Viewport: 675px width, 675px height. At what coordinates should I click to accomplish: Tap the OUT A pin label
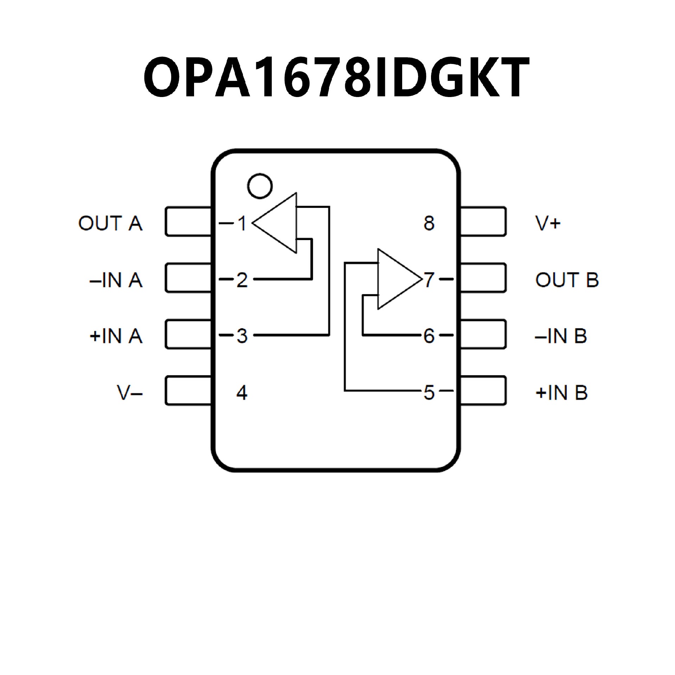pos(110,223)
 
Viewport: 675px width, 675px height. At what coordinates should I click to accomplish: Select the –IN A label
pos(116,280)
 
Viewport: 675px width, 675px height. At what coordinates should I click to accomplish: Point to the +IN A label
pos(116,336)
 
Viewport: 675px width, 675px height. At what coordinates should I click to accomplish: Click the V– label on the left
pos(130,393)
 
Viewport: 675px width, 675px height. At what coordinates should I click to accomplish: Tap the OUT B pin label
pos(567,280)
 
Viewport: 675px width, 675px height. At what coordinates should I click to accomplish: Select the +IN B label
pos(561,393)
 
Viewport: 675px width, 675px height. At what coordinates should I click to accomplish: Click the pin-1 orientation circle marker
pos(260,186)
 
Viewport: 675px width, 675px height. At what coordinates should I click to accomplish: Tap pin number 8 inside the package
pos(429,223)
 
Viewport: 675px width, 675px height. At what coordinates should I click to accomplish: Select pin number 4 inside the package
pos(242,393)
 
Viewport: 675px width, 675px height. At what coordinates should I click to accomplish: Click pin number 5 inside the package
pos(429,393)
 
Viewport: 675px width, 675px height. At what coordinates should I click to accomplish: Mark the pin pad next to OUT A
pos(188,221)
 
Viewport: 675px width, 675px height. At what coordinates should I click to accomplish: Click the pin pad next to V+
pos(483,221)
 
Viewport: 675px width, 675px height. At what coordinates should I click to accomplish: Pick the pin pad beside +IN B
pos(483,391)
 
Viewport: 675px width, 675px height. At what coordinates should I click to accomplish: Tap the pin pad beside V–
pos(188,391)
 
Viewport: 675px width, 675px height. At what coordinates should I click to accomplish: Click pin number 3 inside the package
pos(242,336)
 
